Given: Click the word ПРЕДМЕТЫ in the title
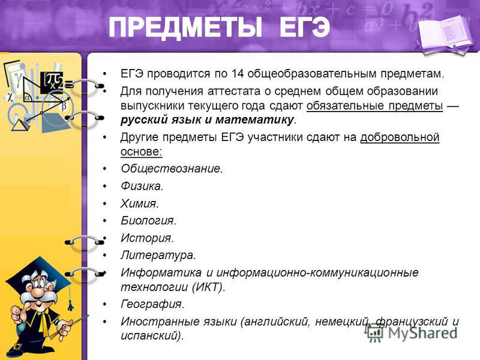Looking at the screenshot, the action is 185,28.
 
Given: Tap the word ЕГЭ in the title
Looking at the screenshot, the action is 304,28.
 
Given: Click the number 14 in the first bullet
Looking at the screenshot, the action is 237,74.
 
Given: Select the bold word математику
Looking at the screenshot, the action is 254,119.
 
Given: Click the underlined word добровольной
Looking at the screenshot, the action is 400,137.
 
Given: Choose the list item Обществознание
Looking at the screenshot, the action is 172,169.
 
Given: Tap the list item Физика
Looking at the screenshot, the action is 142,186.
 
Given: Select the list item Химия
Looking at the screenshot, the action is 140,203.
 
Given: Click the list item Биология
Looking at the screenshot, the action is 148,221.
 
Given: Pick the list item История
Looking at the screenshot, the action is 147,238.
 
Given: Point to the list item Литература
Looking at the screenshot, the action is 158,256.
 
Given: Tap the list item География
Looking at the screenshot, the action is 152,304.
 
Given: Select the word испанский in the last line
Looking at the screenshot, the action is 149,336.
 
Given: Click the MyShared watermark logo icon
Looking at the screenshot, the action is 374,332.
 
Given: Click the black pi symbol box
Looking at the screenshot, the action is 52,82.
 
